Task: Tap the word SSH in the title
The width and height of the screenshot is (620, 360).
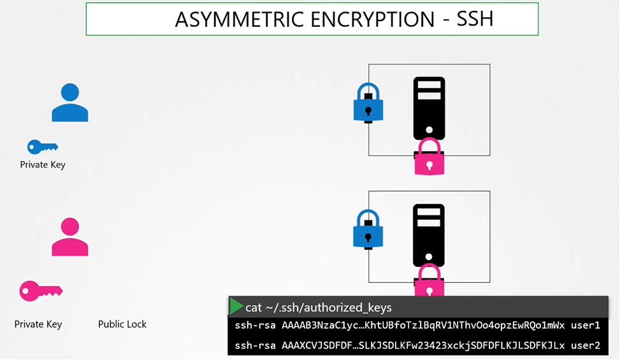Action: click(475, 20)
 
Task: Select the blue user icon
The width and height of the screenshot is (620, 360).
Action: click(69, 103)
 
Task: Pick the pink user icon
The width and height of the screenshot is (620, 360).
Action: click(69, 237)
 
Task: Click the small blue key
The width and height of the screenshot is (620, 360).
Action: click(42, 147)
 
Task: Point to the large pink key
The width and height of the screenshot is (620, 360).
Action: click(40, 291)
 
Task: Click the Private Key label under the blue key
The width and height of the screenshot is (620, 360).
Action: click(43, 165)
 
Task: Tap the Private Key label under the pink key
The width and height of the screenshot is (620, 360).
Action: click(38, 324)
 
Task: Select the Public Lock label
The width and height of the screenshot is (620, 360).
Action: click(122, 324)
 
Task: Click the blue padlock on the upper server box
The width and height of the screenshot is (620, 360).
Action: click(368, 103)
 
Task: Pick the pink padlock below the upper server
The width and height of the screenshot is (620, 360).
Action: click(429, 157)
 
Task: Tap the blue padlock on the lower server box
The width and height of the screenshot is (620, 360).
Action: click(368, 229)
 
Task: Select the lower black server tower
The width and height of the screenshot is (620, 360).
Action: click(429, 234)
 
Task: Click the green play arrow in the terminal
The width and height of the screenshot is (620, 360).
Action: click(236, 306)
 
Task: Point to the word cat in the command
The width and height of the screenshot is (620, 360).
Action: click(254, 307)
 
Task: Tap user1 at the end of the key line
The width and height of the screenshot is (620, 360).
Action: click(586, 326)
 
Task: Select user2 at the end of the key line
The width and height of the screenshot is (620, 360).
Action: click(586, 345)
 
